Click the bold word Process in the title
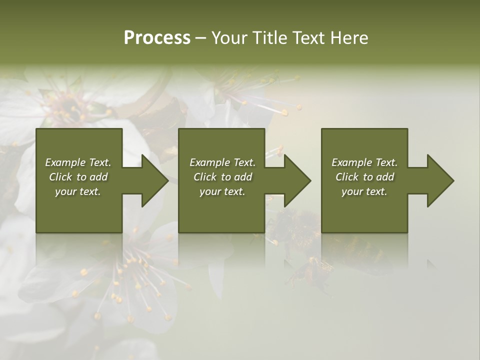pyautogui.click(x=157, y=38)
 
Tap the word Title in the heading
pyautogui.click(x=268, y=38)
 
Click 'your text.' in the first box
pyautogui.click(x=78, y=191)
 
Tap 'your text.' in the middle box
pyautogui.click(x=222, y=191)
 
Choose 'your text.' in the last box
pyautogui.click(x=364, y=191)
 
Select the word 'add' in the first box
pyautogui.click(x=99, y=177)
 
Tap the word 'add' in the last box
pyautogui.click(x=385, y=177)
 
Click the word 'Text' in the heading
pyautogui.click(x=308, y=38)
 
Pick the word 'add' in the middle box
pyautogui.click(x=243, y=177)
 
